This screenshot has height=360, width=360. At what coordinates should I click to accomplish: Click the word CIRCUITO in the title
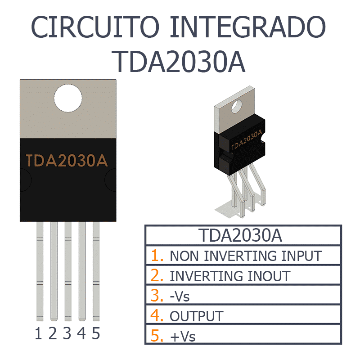tap(95, 27)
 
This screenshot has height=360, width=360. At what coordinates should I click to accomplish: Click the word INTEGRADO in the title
tap(248, 27)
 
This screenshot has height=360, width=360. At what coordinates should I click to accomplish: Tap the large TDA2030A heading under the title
tap(178, 62)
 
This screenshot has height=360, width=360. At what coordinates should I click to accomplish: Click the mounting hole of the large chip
tap(68, 98)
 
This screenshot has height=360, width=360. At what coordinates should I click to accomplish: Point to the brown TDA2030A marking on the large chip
tap(67, 161)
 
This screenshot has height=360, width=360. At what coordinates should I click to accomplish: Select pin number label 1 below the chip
tap(38, 333)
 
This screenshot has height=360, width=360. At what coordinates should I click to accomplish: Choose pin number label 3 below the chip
tap(67, 333)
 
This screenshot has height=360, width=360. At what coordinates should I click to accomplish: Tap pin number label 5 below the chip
tap(96, 333)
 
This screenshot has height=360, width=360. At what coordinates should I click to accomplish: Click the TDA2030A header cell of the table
tap(243, 235)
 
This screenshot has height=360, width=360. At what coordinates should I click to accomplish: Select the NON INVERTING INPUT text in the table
tap(246, 256)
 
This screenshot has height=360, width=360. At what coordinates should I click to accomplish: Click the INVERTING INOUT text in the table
tap(230, 276)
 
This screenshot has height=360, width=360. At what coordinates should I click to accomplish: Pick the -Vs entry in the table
tap(180, 296)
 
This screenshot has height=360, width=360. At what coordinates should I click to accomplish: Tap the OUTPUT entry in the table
tap(197, 316)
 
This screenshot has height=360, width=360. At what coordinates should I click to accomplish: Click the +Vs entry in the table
tap(183, 337)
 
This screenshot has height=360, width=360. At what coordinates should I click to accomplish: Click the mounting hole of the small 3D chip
tap(237, 107)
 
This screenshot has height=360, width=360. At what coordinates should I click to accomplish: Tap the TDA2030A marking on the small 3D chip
tap(247, 140)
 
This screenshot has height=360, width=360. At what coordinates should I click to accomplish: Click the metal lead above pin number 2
tap(54, 271)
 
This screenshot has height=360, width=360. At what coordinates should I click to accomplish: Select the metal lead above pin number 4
tap(82, 271)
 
